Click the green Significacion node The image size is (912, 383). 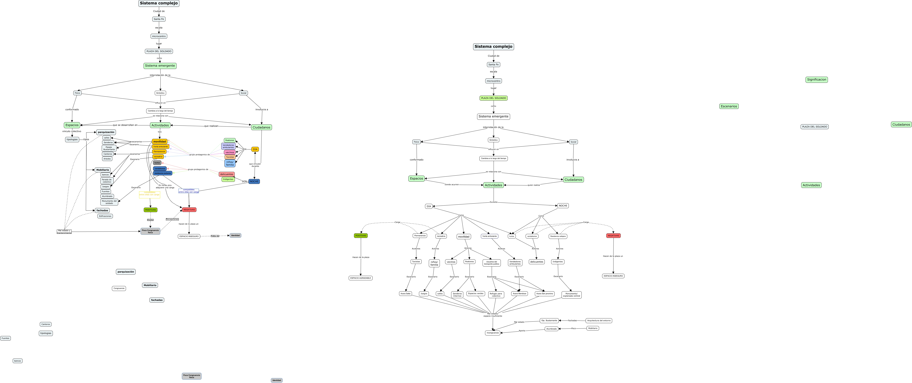(816, 80)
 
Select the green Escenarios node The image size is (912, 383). (729, 106)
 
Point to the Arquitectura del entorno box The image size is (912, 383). (599, 321)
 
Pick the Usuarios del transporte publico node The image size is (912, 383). (491, 263)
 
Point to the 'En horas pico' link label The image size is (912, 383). (165, 186)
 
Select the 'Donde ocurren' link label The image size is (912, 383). (452, 185)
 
